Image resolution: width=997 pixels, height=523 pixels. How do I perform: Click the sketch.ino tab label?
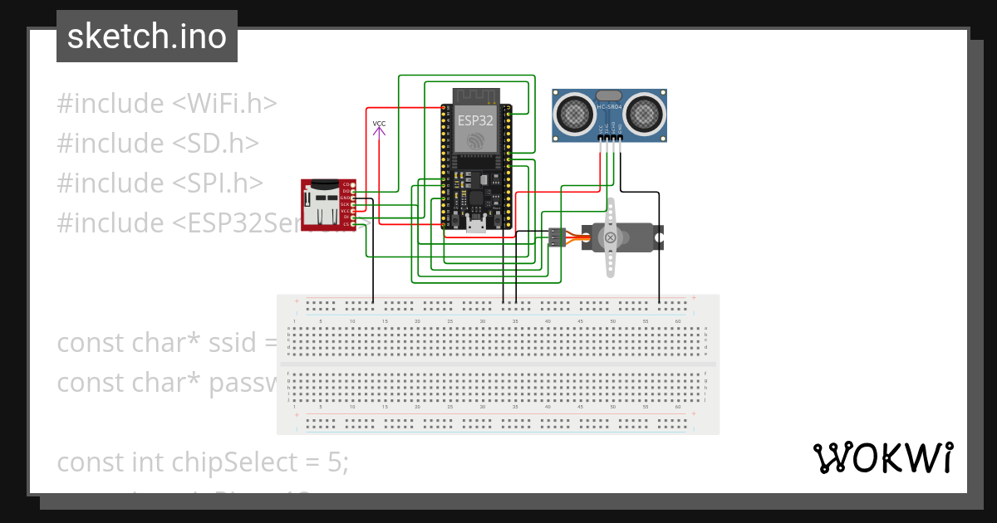coord(147,37)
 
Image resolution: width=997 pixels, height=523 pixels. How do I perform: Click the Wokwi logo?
coord(882,458)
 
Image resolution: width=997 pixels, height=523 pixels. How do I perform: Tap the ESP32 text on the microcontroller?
coord(476,120)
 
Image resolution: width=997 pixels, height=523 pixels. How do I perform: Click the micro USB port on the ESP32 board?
coord(476,222)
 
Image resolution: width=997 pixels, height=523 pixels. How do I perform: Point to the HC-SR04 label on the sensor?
coord(609,107)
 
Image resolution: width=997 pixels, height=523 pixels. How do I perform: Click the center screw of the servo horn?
coord(611,238)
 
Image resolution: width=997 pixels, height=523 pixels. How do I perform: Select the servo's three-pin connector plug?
coord(557,237)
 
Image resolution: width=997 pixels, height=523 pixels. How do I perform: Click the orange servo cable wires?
coord(577,237)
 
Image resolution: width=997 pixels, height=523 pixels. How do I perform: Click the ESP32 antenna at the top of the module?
coord(476,95)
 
